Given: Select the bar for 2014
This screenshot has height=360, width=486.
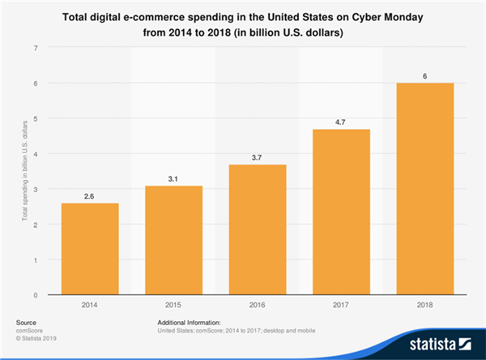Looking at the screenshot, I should pos(90,249).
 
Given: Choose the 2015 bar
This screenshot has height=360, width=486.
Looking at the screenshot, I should pos(173,240).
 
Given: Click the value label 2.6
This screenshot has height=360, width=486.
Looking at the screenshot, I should pos(90,195).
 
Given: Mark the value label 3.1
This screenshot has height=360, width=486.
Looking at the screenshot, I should pos(173,178).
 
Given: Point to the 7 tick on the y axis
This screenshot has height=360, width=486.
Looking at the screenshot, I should pos(36,48).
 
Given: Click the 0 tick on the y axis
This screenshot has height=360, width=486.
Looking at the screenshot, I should pos(36,295).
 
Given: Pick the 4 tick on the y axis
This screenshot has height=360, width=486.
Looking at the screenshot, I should pos(36,154).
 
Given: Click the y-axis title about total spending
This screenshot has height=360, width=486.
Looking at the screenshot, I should pos(15,172).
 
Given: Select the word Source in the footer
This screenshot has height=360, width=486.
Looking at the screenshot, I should pos(26,322).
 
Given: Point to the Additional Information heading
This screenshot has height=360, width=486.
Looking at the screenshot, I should pos(189,322).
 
